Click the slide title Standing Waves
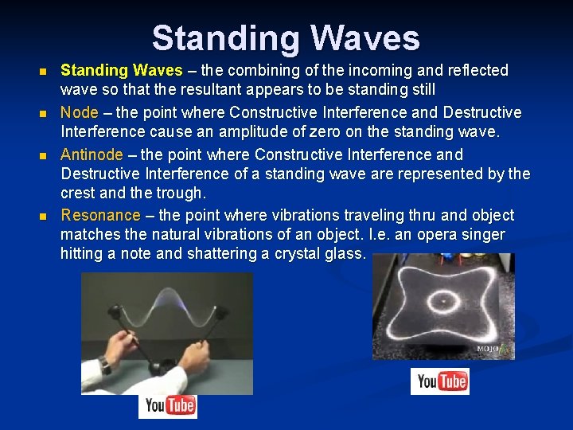point(286,38)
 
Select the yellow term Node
point(80,112)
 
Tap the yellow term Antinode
point(92,154)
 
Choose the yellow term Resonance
point(100,215)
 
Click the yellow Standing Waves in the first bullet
point(122,70)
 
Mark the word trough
point(183,193)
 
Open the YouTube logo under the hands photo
point(167,406)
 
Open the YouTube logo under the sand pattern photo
point(440,381)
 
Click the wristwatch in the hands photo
point(106,366)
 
